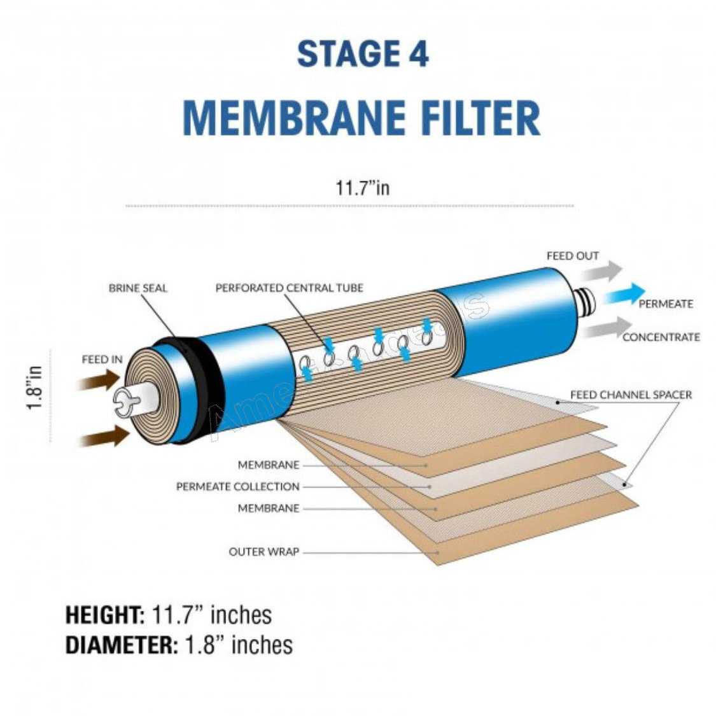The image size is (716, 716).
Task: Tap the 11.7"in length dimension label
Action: pos(362,188)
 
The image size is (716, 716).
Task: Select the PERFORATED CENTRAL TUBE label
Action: pos(289,288)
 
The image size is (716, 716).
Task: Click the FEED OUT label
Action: pos(572,256)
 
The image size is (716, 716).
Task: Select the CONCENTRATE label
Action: pos(661,337)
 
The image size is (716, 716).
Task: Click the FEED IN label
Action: pos(102,360)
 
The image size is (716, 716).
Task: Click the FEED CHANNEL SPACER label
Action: pos(630,395)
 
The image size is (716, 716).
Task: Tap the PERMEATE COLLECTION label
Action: pos(237,487)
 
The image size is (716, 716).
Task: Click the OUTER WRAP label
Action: pos(263,552)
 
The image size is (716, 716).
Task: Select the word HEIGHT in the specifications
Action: pos(105,615)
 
